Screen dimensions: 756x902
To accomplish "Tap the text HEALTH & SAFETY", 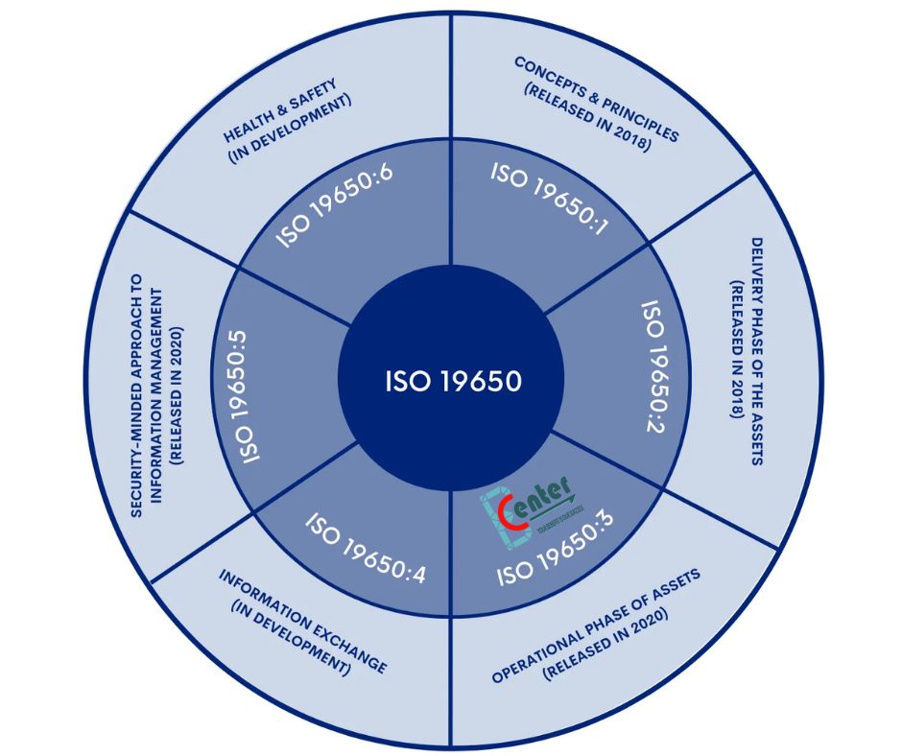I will point(281,107).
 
